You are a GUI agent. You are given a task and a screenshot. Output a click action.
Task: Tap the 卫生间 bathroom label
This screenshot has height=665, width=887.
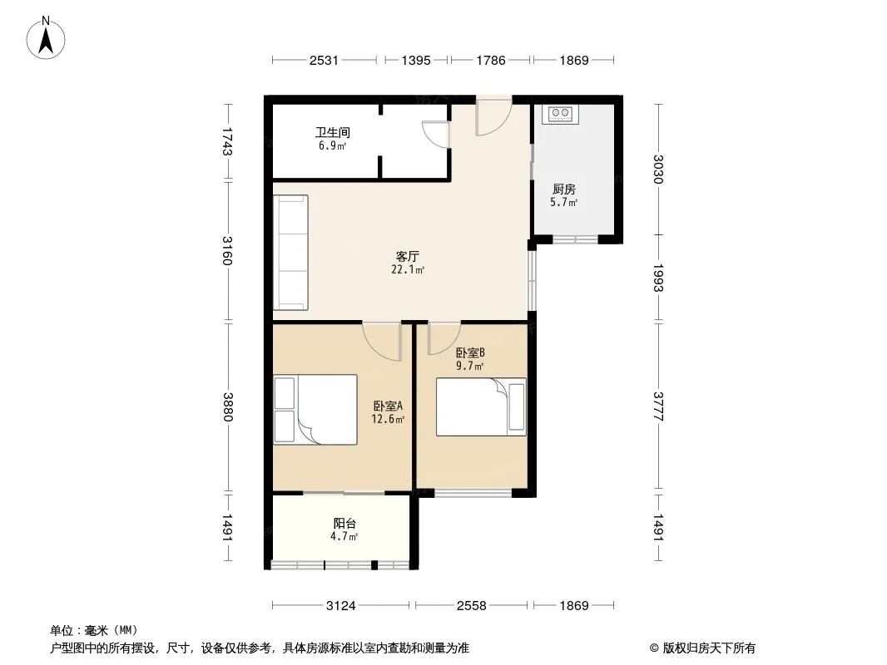(333, 133)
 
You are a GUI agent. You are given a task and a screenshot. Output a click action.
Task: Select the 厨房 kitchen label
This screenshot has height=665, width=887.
(564, 190)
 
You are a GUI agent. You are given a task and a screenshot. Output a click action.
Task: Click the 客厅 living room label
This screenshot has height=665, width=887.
(407, 257)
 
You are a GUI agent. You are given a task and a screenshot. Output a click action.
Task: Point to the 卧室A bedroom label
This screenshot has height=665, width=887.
(388, 406)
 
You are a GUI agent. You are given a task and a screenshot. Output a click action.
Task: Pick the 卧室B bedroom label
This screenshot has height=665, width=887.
(470, 353)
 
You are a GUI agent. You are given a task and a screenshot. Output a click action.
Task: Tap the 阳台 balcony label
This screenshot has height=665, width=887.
(344, 524)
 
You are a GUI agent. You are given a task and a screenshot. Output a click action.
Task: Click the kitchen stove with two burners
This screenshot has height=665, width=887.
(560, 114)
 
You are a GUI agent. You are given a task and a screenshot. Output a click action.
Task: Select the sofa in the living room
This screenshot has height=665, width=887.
(290, 253)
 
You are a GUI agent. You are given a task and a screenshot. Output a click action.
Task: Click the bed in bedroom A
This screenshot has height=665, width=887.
(315, 410)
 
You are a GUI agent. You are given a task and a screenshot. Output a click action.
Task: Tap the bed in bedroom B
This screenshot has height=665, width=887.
(481, 406)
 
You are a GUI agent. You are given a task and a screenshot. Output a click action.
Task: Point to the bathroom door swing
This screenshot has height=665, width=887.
(436, 134)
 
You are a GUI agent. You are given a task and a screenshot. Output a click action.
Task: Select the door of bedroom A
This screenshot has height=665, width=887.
(382, 342)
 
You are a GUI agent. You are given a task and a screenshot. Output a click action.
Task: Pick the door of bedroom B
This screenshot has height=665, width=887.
(444, 337)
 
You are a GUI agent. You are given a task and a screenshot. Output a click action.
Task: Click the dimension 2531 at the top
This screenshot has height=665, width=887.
(324, 60)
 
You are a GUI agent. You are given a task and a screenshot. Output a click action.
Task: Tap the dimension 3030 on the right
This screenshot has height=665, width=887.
(657, 169)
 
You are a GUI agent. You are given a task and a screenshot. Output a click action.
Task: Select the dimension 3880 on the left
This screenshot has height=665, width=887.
(228, 406)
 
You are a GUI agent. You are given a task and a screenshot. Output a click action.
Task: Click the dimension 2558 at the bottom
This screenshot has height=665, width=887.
(471, 606)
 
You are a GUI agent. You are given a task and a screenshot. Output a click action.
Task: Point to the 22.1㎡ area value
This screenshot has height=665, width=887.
(407, 270)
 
